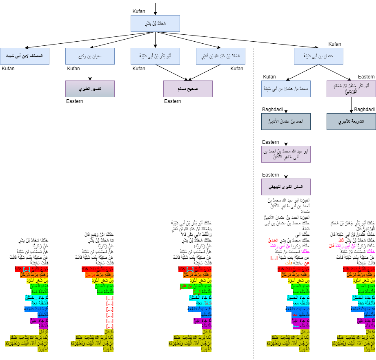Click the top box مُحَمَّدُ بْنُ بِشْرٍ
(155, 23)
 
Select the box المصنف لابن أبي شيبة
(24, 56)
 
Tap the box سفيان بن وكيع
(90, 56)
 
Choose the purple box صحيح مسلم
(188, 89)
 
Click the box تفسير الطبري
(90, 89)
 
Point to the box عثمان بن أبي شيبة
(318, 56)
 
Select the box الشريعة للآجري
(351, 121)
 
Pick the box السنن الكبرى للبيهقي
(286, 187)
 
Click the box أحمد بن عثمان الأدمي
(286, 121)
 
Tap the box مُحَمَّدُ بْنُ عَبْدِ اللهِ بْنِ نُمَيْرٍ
(220, 56)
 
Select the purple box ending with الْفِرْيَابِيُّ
(351, 89)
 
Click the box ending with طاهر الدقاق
(286, 154)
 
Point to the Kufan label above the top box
(139, 11)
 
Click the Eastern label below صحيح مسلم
(172, 101)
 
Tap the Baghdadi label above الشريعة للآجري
(364, 110)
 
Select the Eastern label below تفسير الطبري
(74, 101)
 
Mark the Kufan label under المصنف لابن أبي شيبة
(8, 69)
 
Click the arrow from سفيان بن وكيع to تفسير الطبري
(90, 72)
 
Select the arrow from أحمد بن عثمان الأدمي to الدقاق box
(286, 138)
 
